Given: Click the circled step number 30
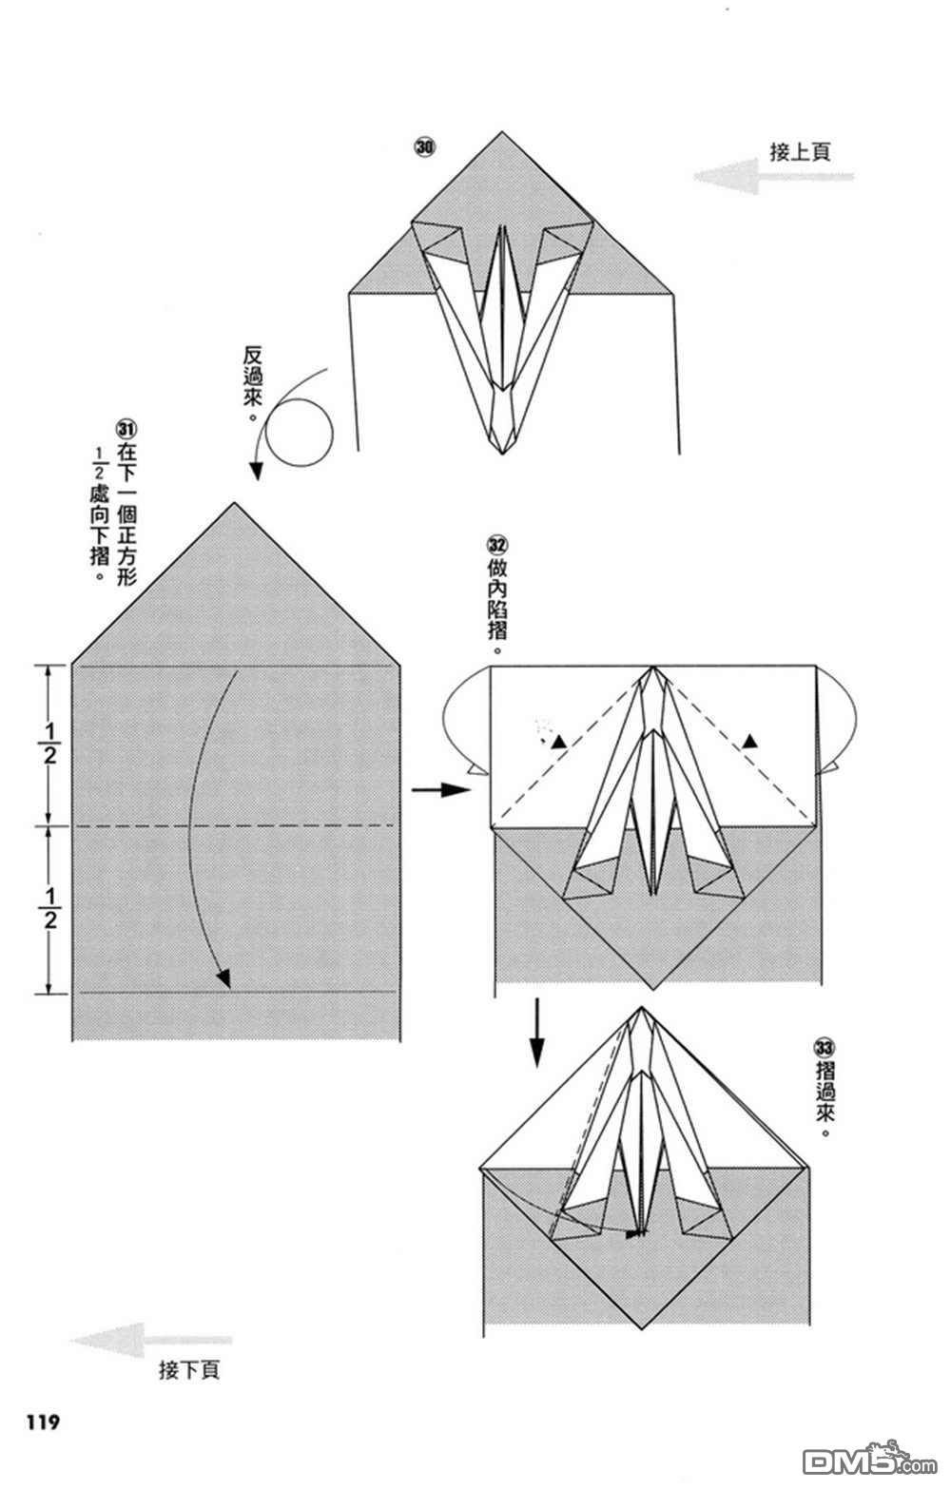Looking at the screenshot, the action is tap(425, 147).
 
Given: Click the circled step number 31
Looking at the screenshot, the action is tap(126, 429).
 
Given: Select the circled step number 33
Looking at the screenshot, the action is tap(824, 1048).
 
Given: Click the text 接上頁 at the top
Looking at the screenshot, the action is tap(800, 152).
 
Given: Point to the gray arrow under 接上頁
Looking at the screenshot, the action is tap(773, 176).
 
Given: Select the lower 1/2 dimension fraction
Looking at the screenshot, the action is tap(49, 909).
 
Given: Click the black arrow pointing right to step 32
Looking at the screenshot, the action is tap(441, 789).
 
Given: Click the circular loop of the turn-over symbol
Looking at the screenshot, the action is tap(299, 433).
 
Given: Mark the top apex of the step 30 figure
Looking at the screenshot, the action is tap(502, 132).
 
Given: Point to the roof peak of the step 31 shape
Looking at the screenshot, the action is tap(234, 504).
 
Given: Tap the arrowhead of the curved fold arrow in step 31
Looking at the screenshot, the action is tap(223, 977).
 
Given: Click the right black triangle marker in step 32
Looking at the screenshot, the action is tap(750, 741).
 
